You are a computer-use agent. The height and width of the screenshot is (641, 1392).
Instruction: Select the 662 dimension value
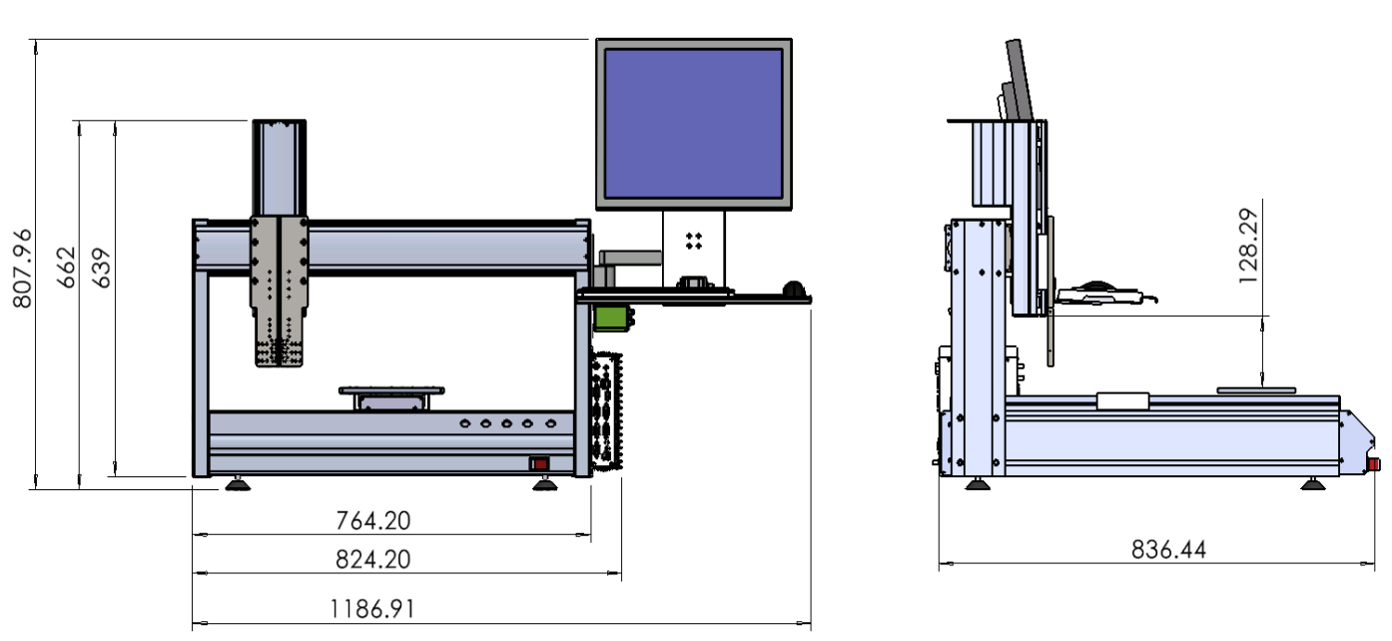(x=66, y=268)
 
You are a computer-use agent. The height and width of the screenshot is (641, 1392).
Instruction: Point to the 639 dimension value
(x=102, y=268)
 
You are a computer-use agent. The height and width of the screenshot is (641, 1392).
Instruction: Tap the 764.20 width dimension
(x=372, y=520)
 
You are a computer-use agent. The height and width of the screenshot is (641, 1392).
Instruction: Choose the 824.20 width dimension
(x=372, y=559)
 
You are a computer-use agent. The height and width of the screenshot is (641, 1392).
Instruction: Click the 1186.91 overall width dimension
(x=372, y=609)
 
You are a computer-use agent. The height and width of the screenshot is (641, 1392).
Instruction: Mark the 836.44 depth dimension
(x=1168, y=549)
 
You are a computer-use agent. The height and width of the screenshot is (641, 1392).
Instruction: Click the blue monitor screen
(x=694, y=123)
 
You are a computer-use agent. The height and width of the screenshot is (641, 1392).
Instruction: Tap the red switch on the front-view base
(x=539, y=463)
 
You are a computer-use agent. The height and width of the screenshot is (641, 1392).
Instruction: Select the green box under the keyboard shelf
(x=610, y=317)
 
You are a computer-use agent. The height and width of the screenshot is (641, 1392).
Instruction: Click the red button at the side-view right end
(x=1374, y=463)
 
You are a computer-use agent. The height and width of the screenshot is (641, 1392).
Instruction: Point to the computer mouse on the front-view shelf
(x=795, y=289)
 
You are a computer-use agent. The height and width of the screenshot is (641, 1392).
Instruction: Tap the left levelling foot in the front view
(x=238, y=485)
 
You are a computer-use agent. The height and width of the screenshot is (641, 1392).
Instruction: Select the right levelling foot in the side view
(x=1312, y=484)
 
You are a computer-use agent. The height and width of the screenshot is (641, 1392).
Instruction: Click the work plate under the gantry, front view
(x=390, y=390)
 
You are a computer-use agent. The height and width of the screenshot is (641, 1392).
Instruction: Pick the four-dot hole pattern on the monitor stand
(x=694, y=240)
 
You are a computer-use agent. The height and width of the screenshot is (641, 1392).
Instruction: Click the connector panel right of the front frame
(x=606, y=409)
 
